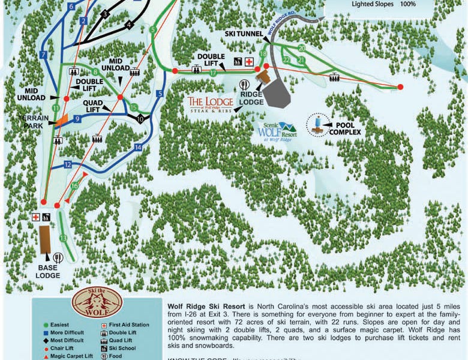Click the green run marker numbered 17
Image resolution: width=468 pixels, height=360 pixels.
[213, 73]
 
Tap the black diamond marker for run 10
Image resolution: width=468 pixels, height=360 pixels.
[140, 119]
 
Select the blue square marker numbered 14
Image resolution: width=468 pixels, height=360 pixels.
[138, 147]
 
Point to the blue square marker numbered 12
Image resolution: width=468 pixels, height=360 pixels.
[68, 164]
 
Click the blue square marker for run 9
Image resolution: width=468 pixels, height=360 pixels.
[77, 119]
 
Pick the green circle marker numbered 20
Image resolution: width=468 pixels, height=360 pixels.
[301, 47]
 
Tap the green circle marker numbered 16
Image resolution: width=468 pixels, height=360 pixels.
[74, 186]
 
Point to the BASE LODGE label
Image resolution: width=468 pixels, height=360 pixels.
[47, 271]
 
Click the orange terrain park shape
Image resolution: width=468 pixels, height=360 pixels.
[63, 119]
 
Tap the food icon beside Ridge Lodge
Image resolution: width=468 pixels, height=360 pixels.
[245, 85]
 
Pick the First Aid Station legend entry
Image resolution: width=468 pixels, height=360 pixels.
[127, 325]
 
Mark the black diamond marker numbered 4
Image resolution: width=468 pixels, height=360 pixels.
[128, 25]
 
